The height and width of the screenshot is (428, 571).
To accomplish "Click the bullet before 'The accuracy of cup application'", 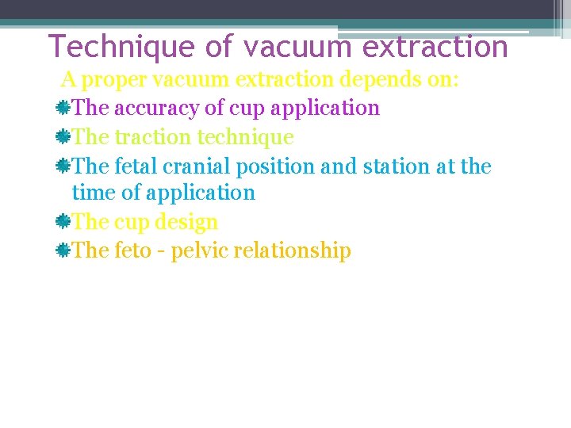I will pos(63,108).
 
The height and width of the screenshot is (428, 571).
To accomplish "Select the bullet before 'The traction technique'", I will pos(63,137).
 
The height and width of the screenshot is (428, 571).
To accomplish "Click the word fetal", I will pos(135,166).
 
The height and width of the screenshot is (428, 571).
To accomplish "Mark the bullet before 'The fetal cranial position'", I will pos(63,166).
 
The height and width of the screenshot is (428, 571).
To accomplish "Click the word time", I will pos(88,193).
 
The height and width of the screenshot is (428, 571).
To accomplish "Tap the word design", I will pos(187,222).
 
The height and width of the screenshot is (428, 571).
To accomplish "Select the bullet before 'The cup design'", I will pos(63,222).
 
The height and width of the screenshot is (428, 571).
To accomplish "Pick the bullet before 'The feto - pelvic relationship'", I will pos(63,251).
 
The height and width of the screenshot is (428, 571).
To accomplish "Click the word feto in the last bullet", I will pos(132,251).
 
